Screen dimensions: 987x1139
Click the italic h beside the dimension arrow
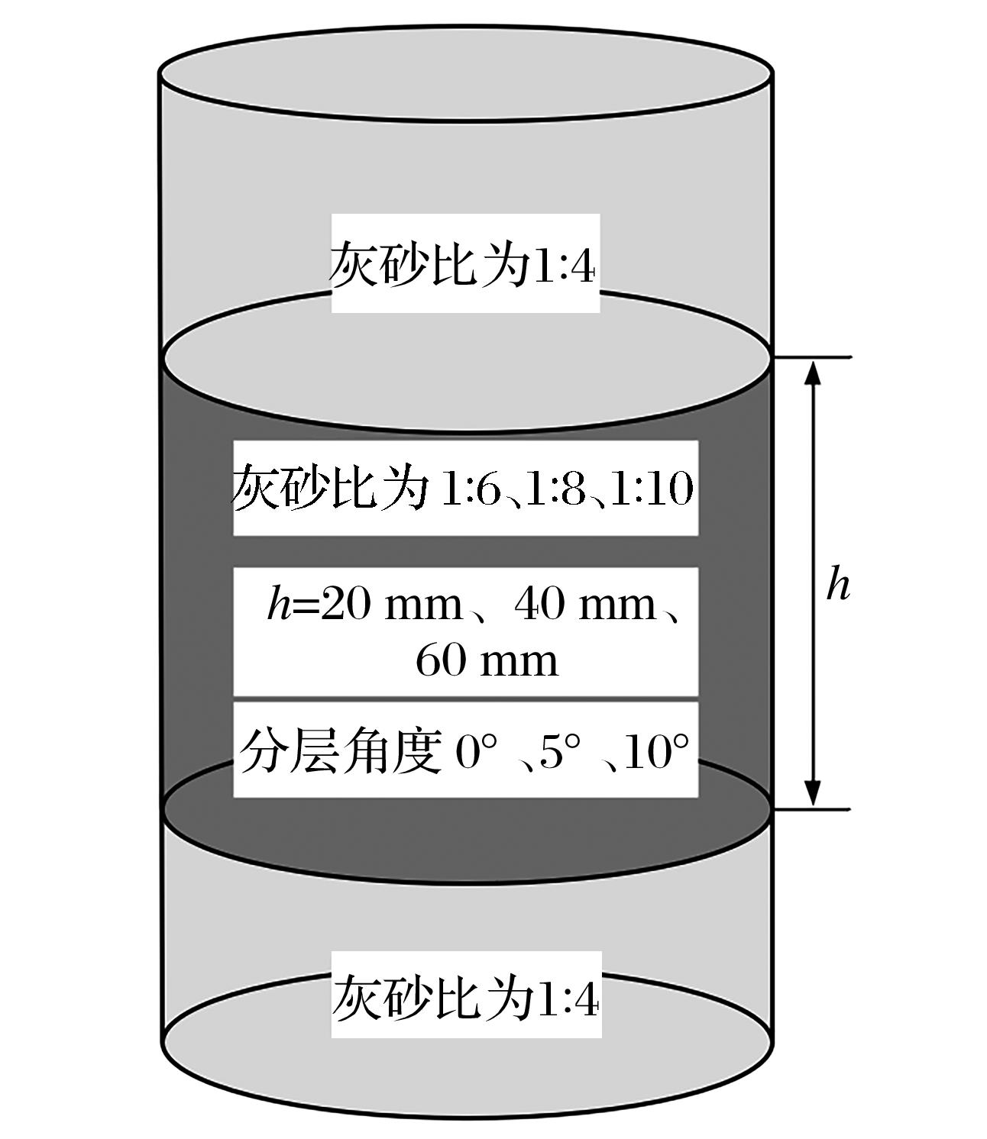click(837, 583)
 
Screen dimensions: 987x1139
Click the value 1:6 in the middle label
click(470, 489)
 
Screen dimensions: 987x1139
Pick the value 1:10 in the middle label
click(652, 489)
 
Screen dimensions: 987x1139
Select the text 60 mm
click(487, 660)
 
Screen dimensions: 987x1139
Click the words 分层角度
click(340, 751)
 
